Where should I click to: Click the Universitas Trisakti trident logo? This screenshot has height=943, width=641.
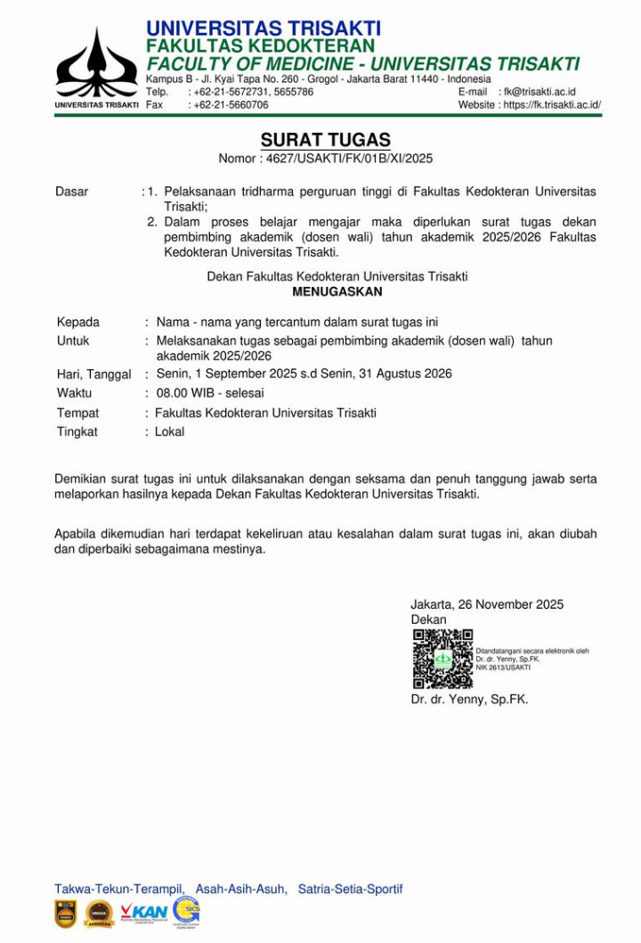[x=96, y=64]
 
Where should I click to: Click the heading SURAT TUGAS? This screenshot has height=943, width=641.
[x=325, y=140]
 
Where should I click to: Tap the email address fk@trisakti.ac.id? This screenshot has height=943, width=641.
[x=540, y=92]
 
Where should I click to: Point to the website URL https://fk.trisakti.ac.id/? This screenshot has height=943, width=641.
[x=552, y=104]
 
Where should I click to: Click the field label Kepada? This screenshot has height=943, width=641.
[x=78, y=322]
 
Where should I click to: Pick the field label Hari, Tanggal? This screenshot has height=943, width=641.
[x=93, y=374]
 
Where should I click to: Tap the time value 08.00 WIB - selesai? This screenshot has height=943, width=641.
[x=210, y=392]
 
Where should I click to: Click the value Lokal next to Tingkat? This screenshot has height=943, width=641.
[x=169, y=431]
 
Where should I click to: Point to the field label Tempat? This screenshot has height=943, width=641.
[x=78, y=413]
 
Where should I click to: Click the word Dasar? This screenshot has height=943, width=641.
[x=71, y=192]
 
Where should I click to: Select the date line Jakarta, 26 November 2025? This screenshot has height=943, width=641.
[x=487, y=604]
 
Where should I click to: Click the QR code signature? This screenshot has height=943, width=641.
[x=442, y=659]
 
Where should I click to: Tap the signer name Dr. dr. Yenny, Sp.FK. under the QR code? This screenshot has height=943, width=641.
[x=469, y=700]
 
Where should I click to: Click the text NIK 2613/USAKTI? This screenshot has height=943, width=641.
[x=503, y=667]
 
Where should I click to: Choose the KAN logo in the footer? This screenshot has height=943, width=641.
[x=144, y=911]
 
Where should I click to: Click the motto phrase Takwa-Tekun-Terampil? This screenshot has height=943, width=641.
[x=119, y=889]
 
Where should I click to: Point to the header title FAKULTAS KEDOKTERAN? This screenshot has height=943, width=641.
[x=260, y=45]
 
